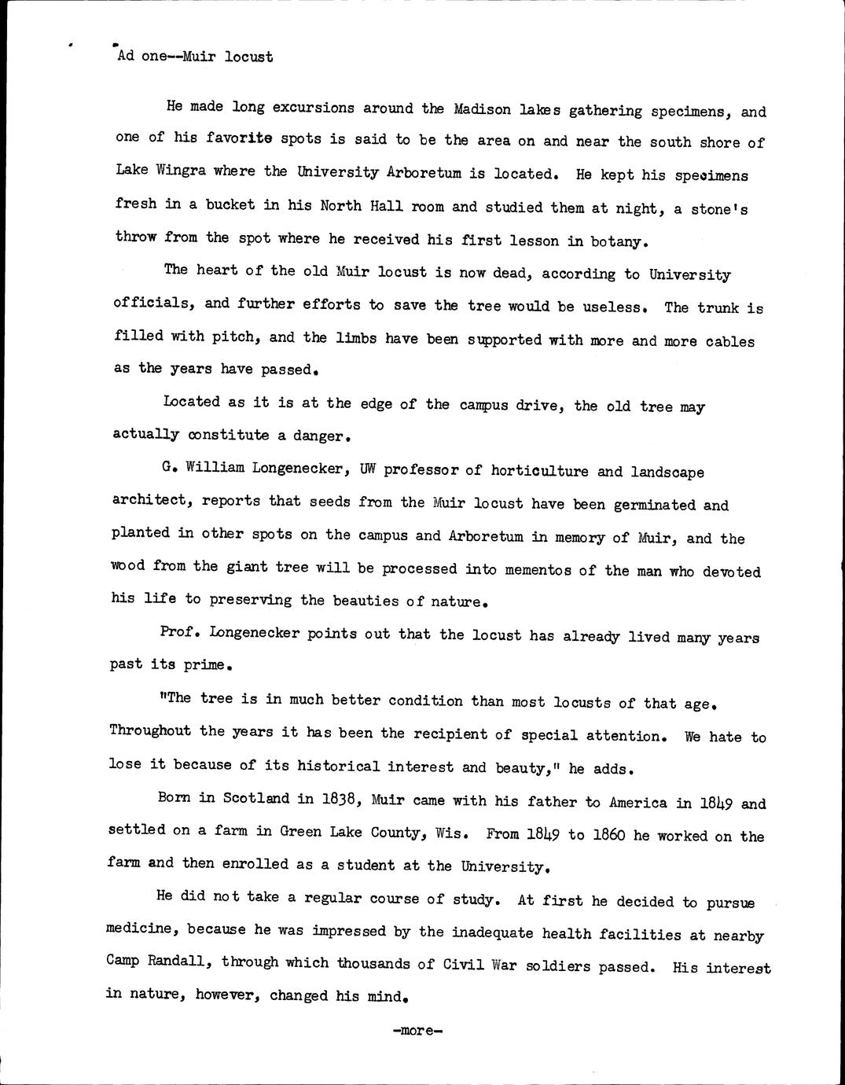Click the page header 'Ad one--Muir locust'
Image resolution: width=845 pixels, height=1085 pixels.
tap(195, 57)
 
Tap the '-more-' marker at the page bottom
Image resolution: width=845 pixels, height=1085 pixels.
tap(417, 1030)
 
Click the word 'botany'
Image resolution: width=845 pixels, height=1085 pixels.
tap(619, 241)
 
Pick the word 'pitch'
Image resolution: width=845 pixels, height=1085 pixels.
tap(236, 337)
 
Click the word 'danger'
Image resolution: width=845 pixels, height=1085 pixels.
tap(318, 436)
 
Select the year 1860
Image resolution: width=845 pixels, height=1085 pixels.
tap(608, 834)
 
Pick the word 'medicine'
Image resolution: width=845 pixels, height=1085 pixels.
tap(139, 929)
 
